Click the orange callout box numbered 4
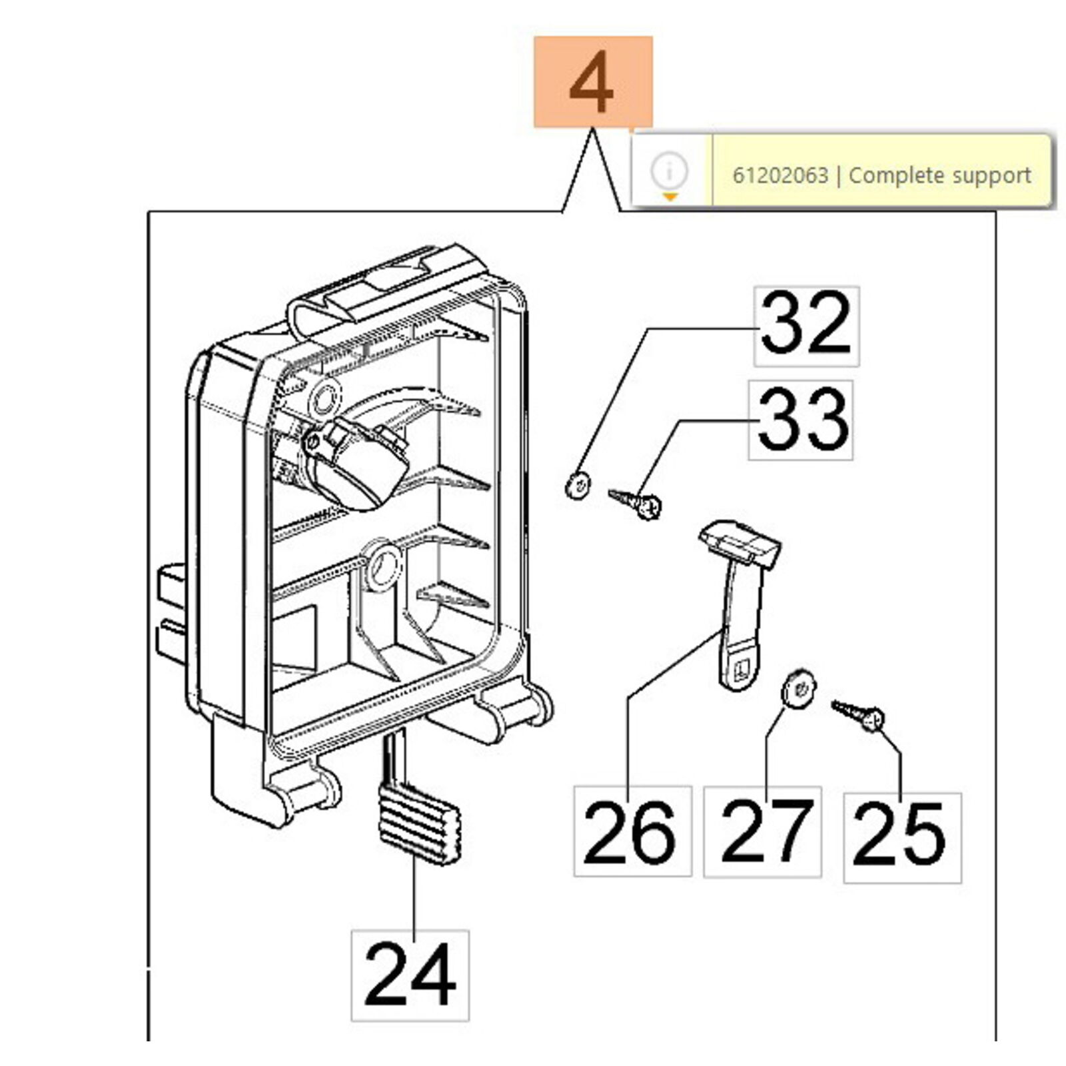click(592, 82)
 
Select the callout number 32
click(806, 326)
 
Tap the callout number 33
click(800, 420)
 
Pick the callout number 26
click(632, 831)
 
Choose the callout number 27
click(762, 831)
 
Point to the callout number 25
click(902, 837)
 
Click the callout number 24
click(410, 975)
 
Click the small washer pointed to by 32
click(578, 485)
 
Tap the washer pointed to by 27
click(798, 688)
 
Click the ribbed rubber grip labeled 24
click(419, 823)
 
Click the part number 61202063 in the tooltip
click(780, 176)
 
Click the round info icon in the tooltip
click(670, 170)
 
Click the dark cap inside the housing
click(358, 463)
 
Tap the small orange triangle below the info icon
click(670, 197)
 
